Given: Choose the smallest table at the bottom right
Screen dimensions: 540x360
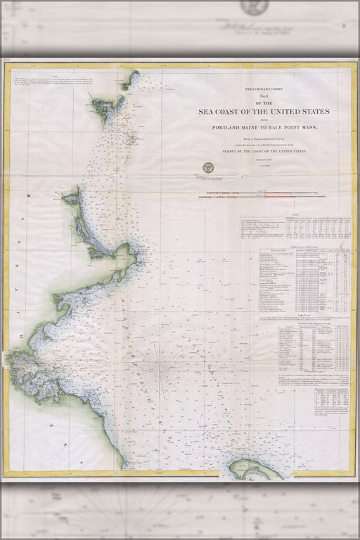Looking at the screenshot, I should [x=331, y=401].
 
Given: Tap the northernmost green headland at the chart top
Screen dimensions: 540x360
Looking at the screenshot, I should [x=129, y=79].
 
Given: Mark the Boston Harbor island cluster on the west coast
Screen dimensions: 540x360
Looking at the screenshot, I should [x=28, y=366].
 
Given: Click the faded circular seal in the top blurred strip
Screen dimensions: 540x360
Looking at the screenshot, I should [x=253, y=7].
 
